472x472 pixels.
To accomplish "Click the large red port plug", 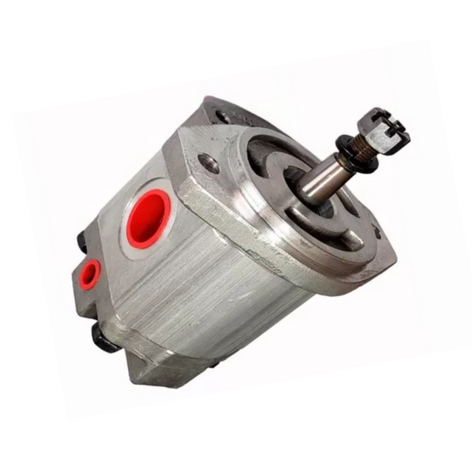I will (147, 218).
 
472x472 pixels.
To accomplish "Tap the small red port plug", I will (89, 274).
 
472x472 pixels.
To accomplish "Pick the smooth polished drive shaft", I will (324, 177).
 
